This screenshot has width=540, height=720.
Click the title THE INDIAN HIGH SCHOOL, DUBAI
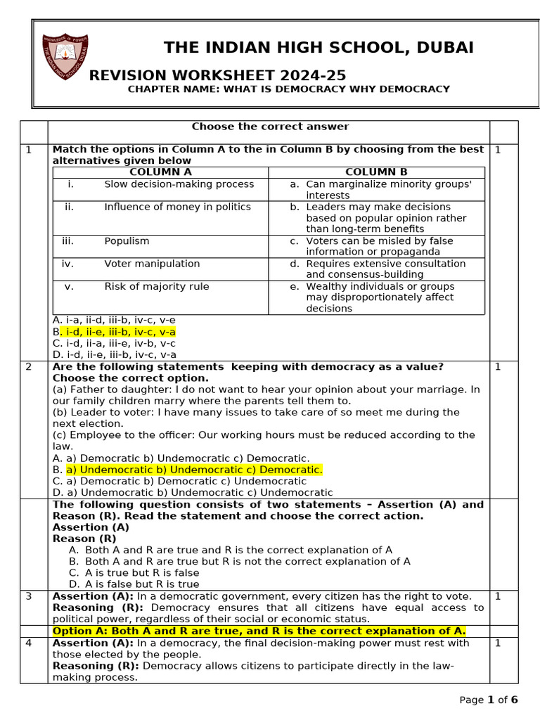(x=319, y=48)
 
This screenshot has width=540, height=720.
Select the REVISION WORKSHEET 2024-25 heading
(x=217, y=75)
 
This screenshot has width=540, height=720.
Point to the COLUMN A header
(x=160, y=172)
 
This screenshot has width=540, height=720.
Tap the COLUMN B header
(x=376, y=172)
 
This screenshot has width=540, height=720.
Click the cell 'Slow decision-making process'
(x=179, y=184)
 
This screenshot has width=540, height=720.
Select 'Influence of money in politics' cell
(x=177, y=207)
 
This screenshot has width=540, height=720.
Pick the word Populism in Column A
(x=127, y=241)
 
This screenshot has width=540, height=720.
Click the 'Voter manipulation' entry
(x=152, y=264)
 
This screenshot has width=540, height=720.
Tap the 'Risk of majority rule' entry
(x=156, y=286)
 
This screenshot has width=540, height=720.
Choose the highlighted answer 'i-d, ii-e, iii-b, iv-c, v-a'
(x=117, y=332)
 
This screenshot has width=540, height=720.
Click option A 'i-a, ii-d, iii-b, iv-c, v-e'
(x=114, y=320)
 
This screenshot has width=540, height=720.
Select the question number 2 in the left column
(x=29, y=367)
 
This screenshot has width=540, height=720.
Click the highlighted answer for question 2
(x=194, y=470)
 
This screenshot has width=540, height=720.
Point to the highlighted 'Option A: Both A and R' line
(x=259, y=631)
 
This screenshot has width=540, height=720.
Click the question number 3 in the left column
(x=29, y=596)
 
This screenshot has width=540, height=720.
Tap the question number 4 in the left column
(x=29, y=643)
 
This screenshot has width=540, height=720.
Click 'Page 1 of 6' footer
(x=489, y=700)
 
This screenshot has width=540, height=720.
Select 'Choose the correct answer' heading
(x=270, y=127)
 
